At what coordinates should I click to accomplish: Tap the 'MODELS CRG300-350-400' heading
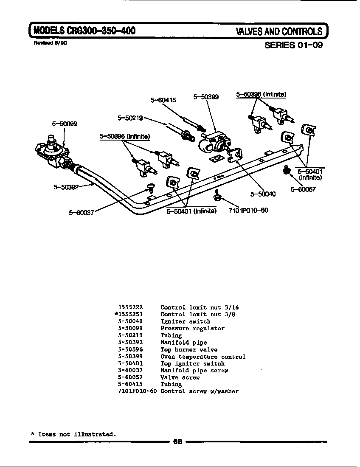84,31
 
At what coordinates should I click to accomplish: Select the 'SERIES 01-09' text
293,45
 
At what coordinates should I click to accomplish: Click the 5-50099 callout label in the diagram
65,124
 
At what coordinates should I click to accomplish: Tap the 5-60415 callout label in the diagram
163,100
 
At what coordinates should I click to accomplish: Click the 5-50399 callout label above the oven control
206,97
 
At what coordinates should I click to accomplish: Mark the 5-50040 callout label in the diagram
263,194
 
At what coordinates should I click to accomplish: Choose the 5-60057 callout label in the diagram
303,189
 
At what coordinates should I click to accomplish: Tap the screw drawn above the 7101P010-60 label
217,196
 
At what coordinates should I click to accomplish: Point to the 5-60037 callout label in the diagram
82,213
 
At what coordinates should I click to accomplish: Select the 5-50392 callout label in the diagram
66,186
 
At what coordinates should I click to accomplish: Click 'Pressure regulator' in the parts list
192,328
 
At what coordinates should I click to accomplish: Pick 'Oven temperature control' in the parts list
203,357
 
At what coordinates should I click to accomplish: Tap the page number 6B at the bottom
177,442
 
